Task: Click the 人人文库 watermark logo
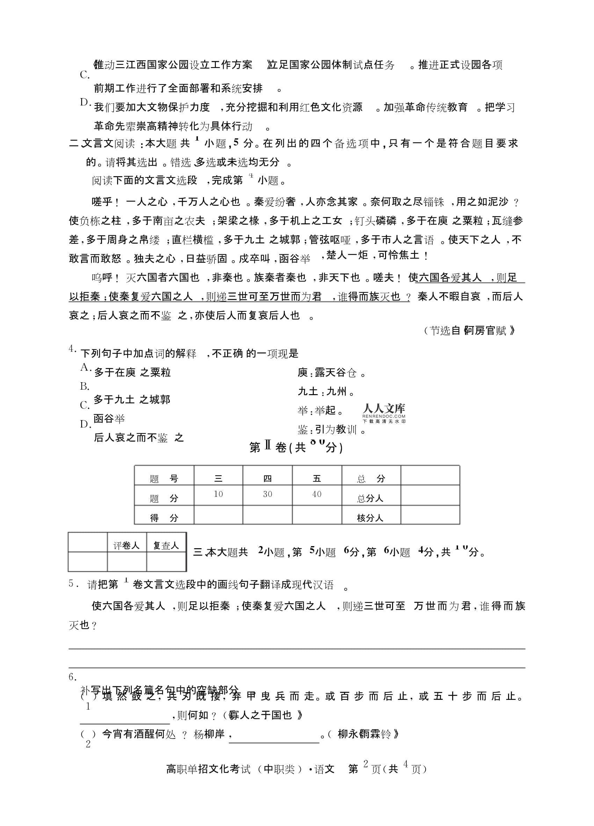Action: click(384, 413)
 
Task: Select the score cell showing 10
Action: click(218, 494)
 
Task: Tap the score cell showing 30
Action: click(267, 494)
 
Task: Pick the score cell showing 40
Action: click(317, 494)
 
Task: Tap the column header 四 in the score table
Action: click(267, 478)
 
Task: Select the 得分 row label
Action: click(164, 517)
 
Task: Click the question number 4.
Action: click(72, 349)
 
